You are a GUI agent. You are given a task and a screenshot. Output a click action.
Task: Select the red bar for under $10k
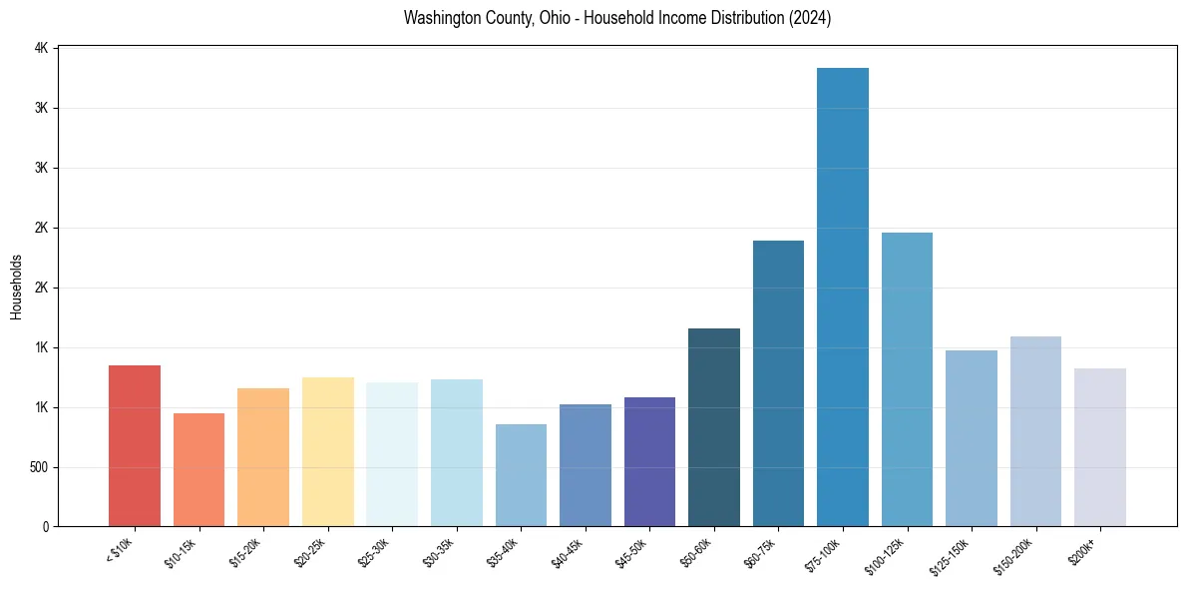(x=135, y=446)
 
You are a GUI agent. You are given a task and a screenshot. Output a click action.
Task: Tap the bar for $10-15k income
(x=198, y=470)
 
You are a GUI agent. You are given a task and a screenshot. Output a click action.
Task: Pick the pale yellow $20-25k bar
(x=328, y=452)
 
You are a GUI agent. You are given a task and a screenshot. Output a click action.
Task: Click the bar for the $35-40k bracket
(x=521, y=475)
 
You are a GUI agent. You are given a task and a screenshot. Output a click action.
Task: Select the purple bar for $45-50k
(x=649, y=462)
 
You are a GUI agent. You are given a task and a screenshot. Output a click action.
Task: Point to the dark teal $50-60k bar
(x=714, y=427)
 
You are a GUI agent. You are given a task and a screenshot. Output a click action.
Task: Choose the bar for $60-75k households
(x=778, y=383)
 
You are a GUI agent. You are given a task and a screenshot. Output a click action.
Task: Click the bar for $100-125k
(x=907, y=379)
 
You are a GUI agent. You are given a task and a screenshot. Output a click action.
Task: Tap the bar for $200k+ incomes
(x=1100, y=447)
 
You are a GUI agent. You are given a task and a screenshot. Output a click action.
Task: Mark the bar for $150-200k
(x=1035, y=431)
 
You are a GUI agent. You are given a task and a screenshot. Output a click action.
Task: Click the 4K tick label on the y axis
(x=41, y=48)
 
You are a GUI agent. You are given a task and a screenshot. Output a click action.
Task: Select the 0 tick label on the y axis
(x=45, y=527)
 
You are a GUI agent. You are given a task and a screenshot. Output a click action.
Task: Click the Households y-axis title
(x=16, y=287)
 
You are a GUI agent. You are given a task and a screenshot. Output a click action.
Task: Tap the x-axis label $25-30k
(x=374, y=552)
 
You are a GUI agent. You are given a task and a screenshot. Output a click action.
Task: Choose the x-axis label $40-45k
(x=568, y=552)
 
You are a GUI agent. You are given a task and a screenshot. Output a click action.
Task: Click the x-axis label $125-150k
(x=951, y=555)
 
